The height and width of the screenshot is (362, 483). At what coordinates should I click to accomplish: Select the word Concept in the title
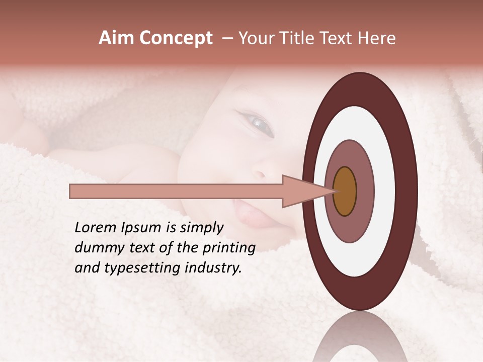tap(176, 38)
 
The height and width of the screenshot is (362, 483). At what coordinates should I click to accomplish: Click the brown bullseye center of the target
tap(345, 192)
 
